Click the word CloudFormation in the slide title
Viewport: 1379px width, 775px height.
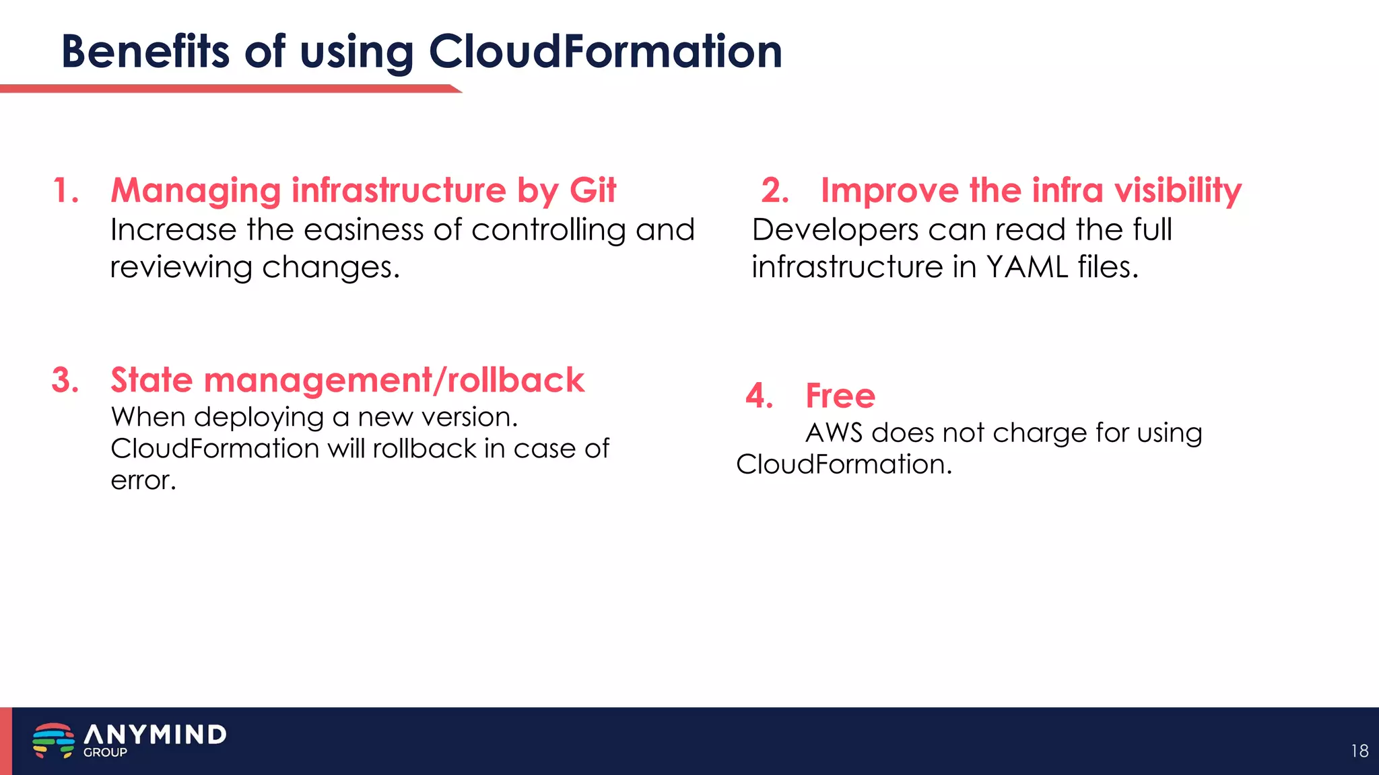click(605, 52)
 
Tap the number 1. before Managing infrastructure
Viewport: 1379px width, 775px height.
click(66, 190)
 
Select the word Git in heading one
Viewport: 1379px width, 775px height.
click(593, 190)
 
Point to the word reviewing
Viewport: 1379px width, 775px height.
click(181, 268)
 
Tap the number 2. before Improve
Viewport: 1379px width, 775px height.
click(775, 190)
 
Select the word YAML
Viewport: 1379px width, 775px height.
click(1026, 267)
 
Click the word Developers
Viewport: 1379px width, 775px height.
click(835, 230)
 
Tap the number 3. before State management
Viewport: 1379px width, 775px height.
click(65, 380)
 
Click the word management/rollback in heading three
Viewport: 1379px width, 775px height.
click(394, 381)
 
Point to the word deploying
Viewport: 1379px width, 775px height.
click(259, 418)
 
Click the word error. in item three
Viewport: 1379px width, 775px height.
click(143, 480)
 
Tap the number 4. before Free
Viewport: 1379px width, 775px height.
click(759, 396)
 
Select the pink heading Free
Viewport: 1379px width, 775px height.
click(840, 396)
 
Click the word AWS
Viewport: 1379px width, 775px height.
click(834, 433)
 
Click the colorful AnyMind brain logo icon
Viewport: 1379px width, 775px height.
click(53, 740)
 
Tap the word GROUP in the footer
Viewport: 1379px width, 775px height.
click(105, 753)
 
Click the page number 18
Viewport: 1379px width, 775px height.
click(1359, 751)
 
